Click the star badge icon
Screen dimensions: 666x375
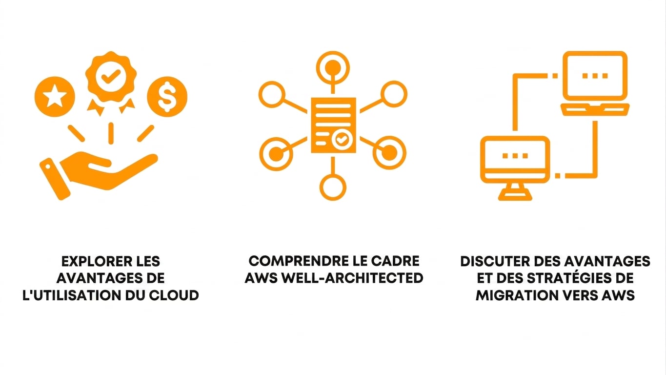pyautogui.click(x=55, y=96)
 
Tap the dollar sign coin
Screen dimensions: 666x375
pyautogui.click(x=167, y=96)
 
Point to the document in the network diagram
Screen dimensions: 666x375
pyautogui.click(x=333, y=125)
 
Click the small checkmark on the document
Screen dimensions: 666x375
pyautogui.click(x=342, y=139)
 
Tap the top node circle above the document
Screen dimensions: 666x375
pyautogui.click(x=333, y=68)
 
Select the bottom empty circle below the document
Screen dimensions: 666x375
pyautogui.click(x=333, y=187)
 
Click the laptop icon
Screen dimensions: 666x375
pyautogui.click(x=595, y=83)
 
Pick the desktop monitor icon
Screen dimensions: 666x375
pyautogui.click(x=515, y=168)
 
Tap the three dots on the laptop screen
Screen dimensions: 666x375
pyautogui.click(x=595, y=76)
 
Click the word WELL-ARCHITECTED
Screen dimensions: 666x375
pyautogui.click(x=352, y=278)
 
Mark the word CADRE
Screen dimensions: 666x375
pyautogui.click(x=395, y=261)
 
